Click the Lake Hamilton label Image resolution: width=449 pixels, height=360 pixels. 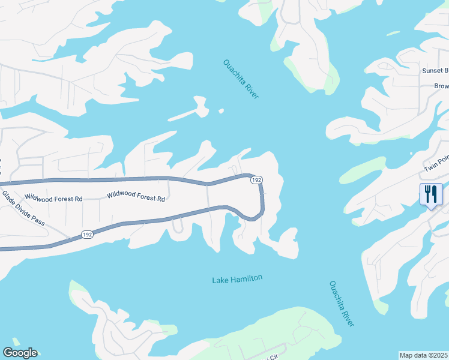point(237,279)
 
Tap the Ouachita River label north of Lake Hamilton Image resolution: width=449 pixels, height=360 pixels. point(241,79)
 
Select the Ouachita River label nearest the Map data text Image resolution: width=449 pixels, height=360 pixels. point(342,304)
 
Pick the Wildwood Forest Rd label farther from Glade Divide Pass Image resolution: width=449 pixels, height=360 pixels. point(136,196)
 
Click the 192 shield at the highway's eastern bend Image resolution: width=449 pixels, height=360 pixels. point(256,180)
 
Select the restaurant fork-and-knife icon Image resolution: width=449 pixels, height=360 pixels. point(431,195)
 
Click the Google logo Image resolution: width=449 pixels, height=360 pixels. point(20,353)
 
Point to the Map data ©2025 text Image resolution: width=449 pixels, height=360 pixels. point(423,355)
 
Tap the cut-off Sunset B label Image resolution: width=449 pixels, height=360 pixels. point(435,71)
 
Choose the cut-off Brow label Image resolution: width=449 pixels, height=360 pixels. point(441,86)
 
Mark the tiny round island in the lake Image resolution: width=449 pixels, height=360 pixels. point(221,110)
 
